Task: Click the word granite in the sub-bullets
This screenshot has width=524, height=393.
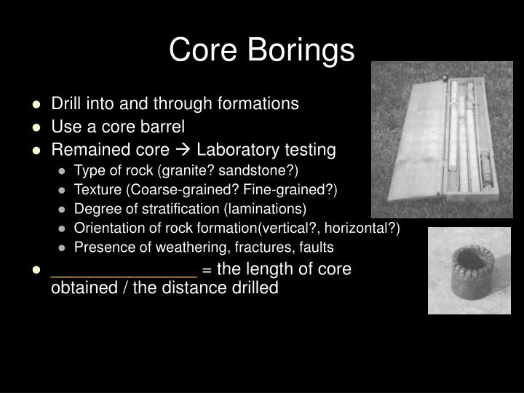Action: [x=170, y=170]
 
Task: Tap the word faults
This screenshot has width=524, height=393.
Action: [x=314, y=246]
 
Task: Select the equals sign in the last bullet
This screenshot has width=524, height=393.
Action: [x=207, y=270]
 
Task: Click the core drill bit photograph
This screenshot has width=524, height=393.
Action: [x=469, y=271]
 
